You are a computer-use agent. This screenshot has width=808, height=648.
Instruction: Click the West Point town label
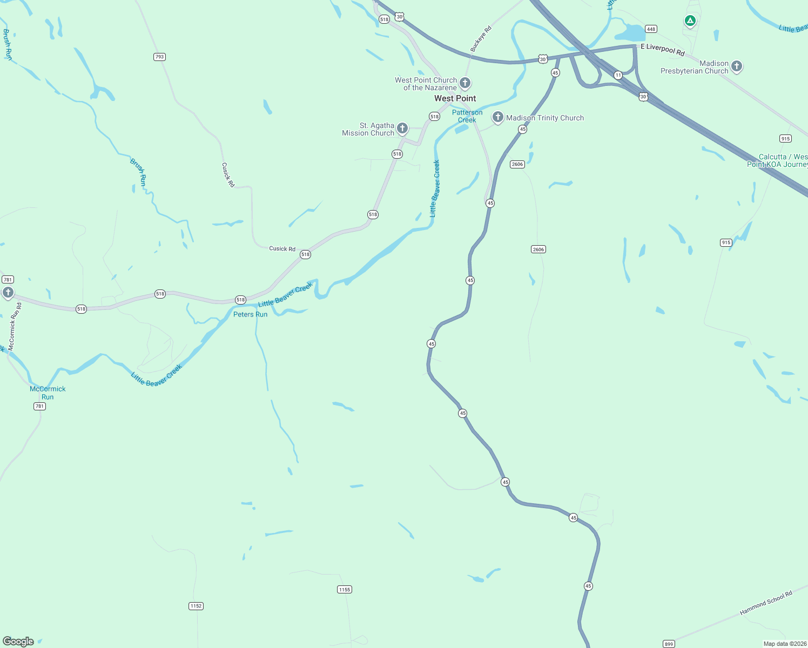point(455,98)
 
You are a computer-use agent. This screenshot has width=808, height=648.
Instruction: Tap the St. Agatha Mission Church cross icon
point(402,128)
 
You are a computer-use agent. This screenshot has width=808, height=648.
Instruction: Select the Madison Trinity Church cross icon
point(497,117)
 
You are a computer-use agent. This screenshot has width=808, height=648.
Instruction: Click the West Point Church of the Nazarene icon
point(465,83)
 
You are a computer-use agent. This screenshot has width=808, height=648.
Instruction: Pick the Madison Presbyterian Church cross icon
point(737,66)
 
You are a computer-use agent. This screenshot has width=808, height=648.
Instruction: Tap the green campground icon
point(690,21)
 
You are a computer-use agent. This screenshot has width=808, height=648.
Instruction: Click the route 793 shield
point(159,57)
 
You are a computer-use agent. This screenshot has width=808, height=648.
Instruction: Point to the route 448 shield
point(651,29)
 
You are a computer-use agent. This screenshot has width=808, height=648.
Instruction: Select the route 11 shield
point(618,76)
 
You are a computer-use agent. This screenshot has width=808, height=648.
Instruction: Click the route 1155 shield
point(345,589)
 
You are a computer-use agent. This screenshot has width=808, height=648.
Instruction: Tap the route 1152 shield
point(196,606)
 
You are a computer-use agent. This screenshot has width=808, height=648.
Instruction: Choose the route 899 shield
point(669,644)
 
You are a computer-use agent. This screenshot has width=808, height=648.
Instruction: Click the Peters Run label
point(250,314)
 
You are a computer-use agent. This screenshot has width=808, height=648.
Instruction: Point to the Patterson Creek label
point(467,116)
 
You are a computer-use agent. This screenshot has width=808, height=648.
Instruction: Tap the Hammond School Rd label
point(766,603)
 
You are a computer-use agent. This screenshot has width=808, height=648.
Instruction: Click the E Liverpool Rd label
point(662,50)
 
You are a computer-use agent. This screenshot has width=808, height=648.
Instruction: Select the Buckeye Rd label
point(481,39)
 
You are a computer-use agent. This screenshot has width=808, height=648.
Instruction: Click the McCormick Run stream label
point(48,393)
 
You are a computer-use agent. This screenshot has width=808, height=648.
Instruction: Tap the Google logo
point(18,642)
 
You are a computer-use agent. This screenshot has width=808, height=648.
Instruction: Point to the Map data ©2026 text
point(785,644)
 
